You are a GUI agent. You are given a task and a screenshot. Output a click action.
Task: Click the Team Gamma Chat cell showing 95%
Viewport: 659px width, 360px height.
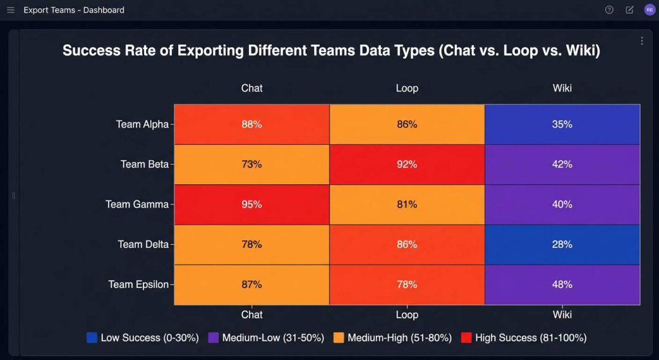coord(252,204)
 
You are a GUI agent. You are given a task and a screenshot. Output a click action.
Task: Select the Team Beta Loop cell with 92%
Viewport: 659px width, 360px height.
coord(407,164)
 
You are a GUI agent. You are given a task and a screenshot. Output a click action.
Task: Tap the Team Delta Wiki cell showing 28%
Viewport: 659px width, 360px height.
coord(562,244)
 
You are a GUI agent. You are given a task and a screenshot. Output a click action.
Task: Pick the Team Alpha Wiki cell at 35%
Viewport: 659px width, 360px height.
coord(562,124)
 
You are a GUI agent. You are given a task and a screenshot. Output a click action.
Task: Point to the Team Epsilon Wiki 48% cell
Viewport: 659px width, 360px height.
coord(562,284)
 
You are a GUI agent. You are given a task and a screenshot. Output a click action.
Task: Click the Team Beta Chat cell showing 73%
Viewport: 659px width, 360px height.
coord(252,164)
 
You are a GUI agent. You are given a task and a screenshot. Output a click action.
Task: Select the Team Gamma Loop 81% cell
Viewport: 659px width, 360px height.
coord(407,204)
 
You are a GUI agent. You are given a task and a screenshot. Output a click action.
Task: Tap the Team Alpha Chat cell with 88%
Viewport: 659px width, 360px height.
coord(252,124)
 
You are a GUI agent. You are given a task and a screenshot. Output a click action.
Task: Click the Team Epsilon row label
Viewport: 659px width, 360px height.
coord(138,284)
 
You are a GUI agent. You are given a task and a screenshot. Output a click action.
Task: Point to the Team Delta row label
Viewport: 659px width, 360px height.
coord(143,244)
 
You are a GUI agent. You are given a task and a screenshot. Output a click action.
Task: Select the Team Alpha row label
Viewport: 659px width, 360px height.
coord(142,124)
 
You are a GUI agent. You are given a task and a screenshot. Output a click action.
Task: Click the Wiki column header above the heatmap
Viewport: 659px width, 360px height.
coord(562,88)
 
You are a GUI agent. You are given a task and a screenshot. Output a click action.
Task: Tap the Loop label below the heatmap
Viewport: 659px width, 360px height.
coord(407,315)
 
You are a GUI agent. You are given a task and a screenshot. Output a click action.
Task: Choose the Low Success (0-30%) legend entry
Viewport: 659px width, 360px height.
coord(142,337)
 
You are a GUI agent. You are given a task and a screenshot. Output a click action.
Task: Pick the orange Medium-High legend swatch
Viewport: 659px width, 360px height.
coord(339,337)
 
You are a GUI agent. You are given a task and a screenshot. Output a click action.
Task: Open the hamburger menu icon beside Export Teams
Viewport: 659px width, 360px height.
coord(10,10)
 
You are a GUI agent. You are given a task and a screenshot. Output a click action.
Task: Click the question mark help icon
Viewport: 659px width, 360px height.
coord(609,10)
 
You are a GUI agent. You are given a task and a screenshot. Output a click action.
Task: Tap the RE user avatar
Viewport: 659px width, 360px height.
coord(649,10)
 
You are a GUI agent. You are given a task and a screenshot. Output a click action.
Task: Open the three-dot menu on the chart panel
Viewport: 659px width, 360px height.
coord(642,41)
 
